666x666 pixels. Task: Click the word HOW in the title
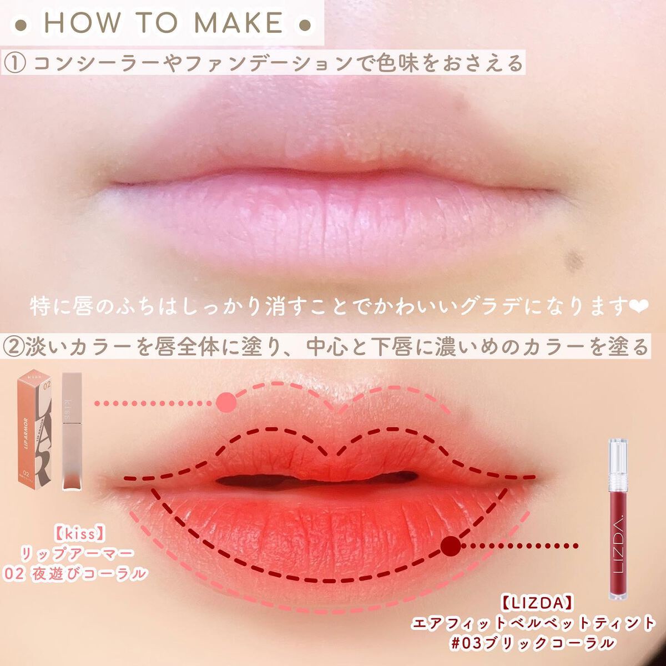click(82, 23)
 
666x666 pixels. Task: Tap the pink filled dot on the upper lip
click(226, 402)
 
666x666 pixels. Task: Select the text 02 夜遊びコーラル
click(75, 574)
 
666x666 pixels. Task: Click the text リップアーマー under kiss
click(77, 554)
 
